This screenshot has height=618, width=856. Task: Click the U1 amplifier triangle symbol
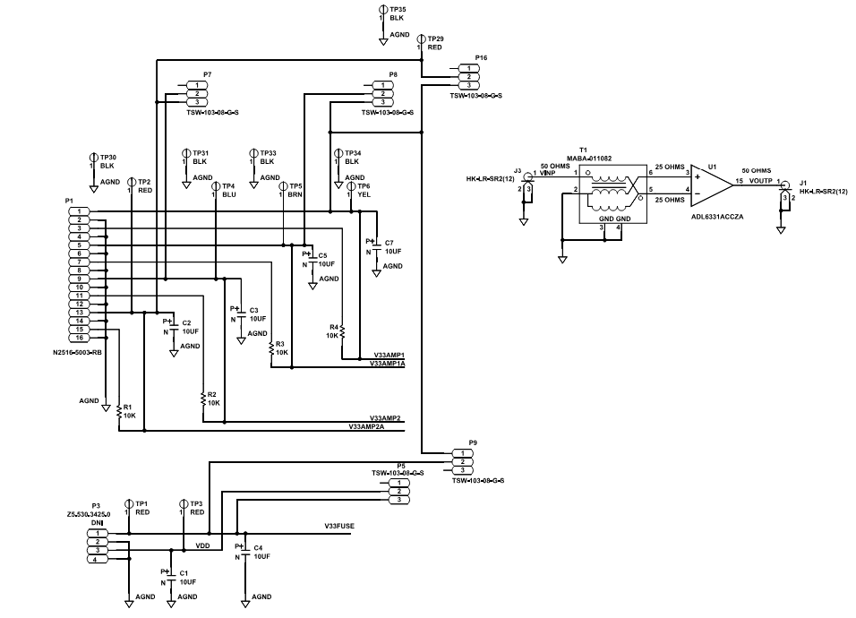coord(711,183)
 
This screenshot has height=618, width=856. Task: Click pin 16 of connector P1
coord(79,338)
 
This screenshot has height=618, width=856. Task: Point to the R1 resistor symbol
coord(119,411)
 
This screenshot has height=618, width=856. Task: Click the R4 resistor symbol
coord(343,331)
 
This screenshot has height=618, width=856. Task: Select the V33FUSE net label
coord(339,526)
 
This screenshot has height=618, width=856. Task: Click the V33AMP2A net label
coord(366,427)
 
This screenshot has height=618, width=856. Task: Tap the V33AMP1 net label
coord(389,356)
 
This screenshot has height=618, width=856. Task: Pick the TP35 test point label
coord(398,8)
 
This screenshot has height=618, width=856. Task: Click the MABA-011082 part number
coord(589,158)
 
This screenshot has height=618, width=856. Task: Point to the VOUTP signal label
coord(760,180)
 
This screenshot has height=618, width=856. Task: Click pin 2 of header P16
coord(467,76)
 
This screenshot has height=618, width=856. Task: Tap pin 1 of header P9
coord(461,453)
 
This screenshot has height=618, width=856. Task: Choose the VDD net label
coord(202,545)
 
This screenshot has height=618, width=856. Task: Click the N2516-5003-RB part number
coord(78,353)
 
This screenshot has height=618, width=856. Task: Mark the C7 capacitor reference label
coord(389,243)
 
